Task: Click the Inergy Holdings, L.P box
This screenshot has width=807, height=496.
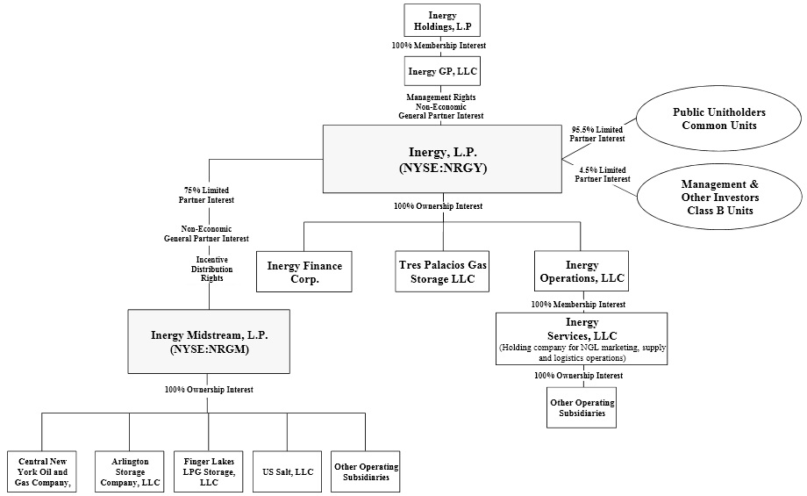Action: (442, 21)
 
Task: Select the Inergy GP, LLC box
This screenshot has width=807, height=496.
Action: (442, 70)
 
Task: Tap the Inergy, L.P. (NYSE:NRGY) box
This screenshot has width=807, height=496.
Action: (442, 158)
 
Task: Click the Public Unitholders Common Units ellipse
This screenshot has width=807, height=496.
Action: (718, 119)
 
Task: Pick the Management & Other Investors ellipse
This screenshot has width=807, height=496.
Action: (718, 198)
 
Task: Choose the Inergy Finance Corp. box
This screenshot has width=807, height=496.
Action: (304, 271)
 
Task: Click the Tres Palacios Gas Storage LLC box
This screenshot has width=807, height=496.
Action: (442, 271)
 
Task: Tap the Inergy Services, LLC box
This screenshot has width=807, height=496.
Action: (582, 338)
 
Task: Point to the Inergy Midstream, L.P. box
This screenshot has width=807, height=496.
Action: (209, 341)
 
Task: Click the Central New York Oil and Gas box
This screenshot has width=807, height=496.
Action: (41, 471)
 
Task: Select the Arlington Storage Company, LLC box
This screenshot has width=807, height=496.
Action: (130, 471)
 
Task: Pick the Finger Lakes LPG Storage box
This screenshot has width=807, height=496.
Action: (208, 471)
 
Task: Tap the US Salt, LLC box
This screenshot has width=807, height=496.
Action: (287, 471)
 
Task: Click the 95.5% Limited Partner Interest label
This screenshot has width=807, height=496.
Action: (597, 133)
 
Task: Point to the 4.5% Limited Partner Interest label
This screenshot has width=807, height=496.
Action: (602, 174)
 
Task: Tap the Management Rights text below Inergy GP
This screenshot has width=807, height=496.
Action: (441, 97)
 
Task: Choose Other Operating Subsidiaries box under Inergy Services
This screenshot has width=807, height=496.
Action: (582, 407)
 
